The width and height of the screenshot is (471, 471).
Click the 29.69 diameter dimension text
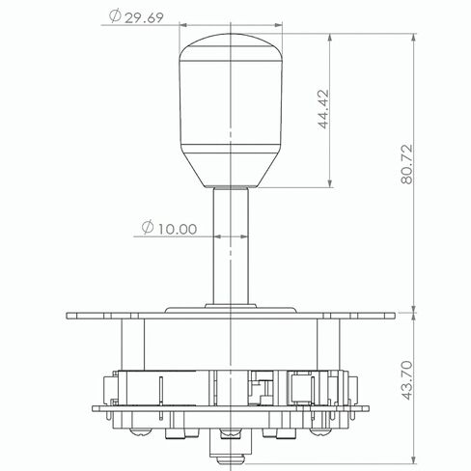pyautogui.click(x=144, y=18)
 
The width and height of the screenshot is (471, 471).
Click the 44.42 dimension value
pyautogui.click(x=324, y=109)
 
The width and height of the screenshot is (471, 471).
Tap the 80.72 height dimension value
pyautogui.click(x=406, y=164)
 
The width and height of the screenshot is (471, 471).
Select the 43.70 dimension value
pyautogui.click(x=407, y=380)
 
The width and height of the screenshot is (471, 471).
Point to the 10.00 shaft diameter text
pyautogui.click(x=178, y=229)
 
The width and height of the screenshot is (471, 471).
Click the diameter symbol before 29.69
pyautogui.click(x=115, y=16)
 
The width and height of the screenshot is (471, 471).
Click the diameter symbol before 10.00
pyautogui.click(x=148, y=228)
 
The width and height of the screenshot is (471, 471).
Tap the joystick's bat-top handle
pyautogui.click(x=231, y=110)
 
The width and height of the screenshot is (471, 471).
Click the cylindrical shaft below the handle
pyautogui.click(x=231, y=246)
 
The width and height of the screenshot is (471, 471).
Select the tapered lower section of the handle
pyautogui.click(x=231, y=170)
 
